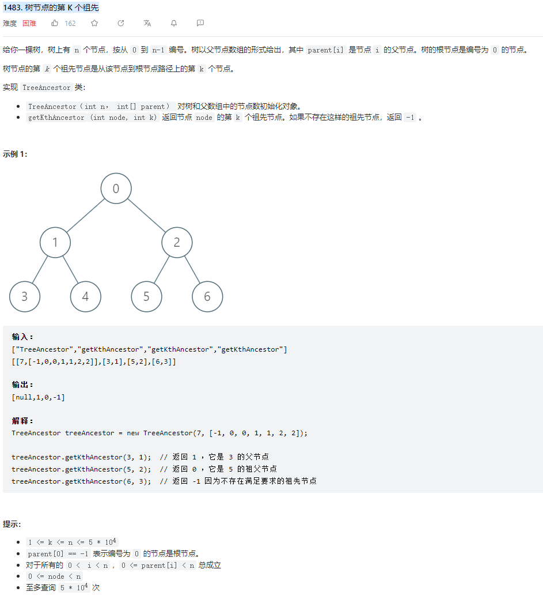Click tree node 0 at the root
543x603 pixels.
116,189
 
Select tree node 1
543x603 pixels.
55,243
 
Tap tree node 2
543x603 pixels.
177,243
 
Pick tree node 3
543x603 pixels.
25,297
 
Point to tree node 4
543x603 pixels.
86,297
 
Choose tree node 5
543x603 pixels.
146,297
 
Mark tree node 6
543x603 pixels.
207,297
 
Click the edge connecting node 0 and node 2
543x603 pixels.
146,216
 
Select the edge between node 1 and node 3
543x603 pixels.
40,270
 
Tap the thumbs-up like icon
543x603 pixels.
55,23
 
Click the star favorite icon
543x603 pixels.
94,23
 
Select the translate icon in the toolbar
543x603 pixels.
147,23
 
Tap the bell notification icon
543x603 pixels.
173,23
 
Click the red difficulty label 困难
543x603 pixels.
29,24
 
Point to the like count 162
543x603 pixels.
70,24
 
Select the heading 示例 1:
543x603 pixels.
15,154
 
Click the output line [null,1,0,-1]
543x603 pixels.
38,397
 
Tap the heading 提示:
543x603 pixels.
12,524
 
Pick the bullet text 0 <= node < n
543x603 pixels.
55,576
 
